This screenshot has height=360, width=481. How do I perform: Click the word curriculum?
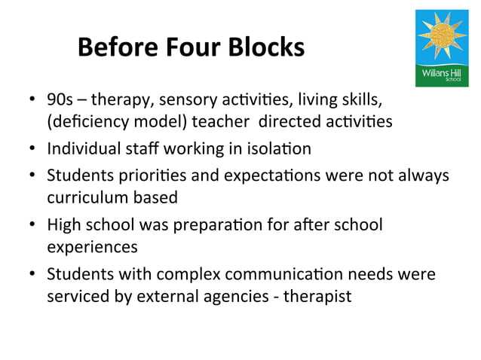pos(84,197)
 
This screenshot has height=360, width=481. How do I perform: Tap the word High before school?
pos(63,224)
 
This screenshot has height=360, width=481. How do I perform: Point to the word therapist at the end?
pos(320,295)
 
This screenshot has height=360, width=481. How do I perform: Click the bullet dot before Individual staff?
pos(32,149)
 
